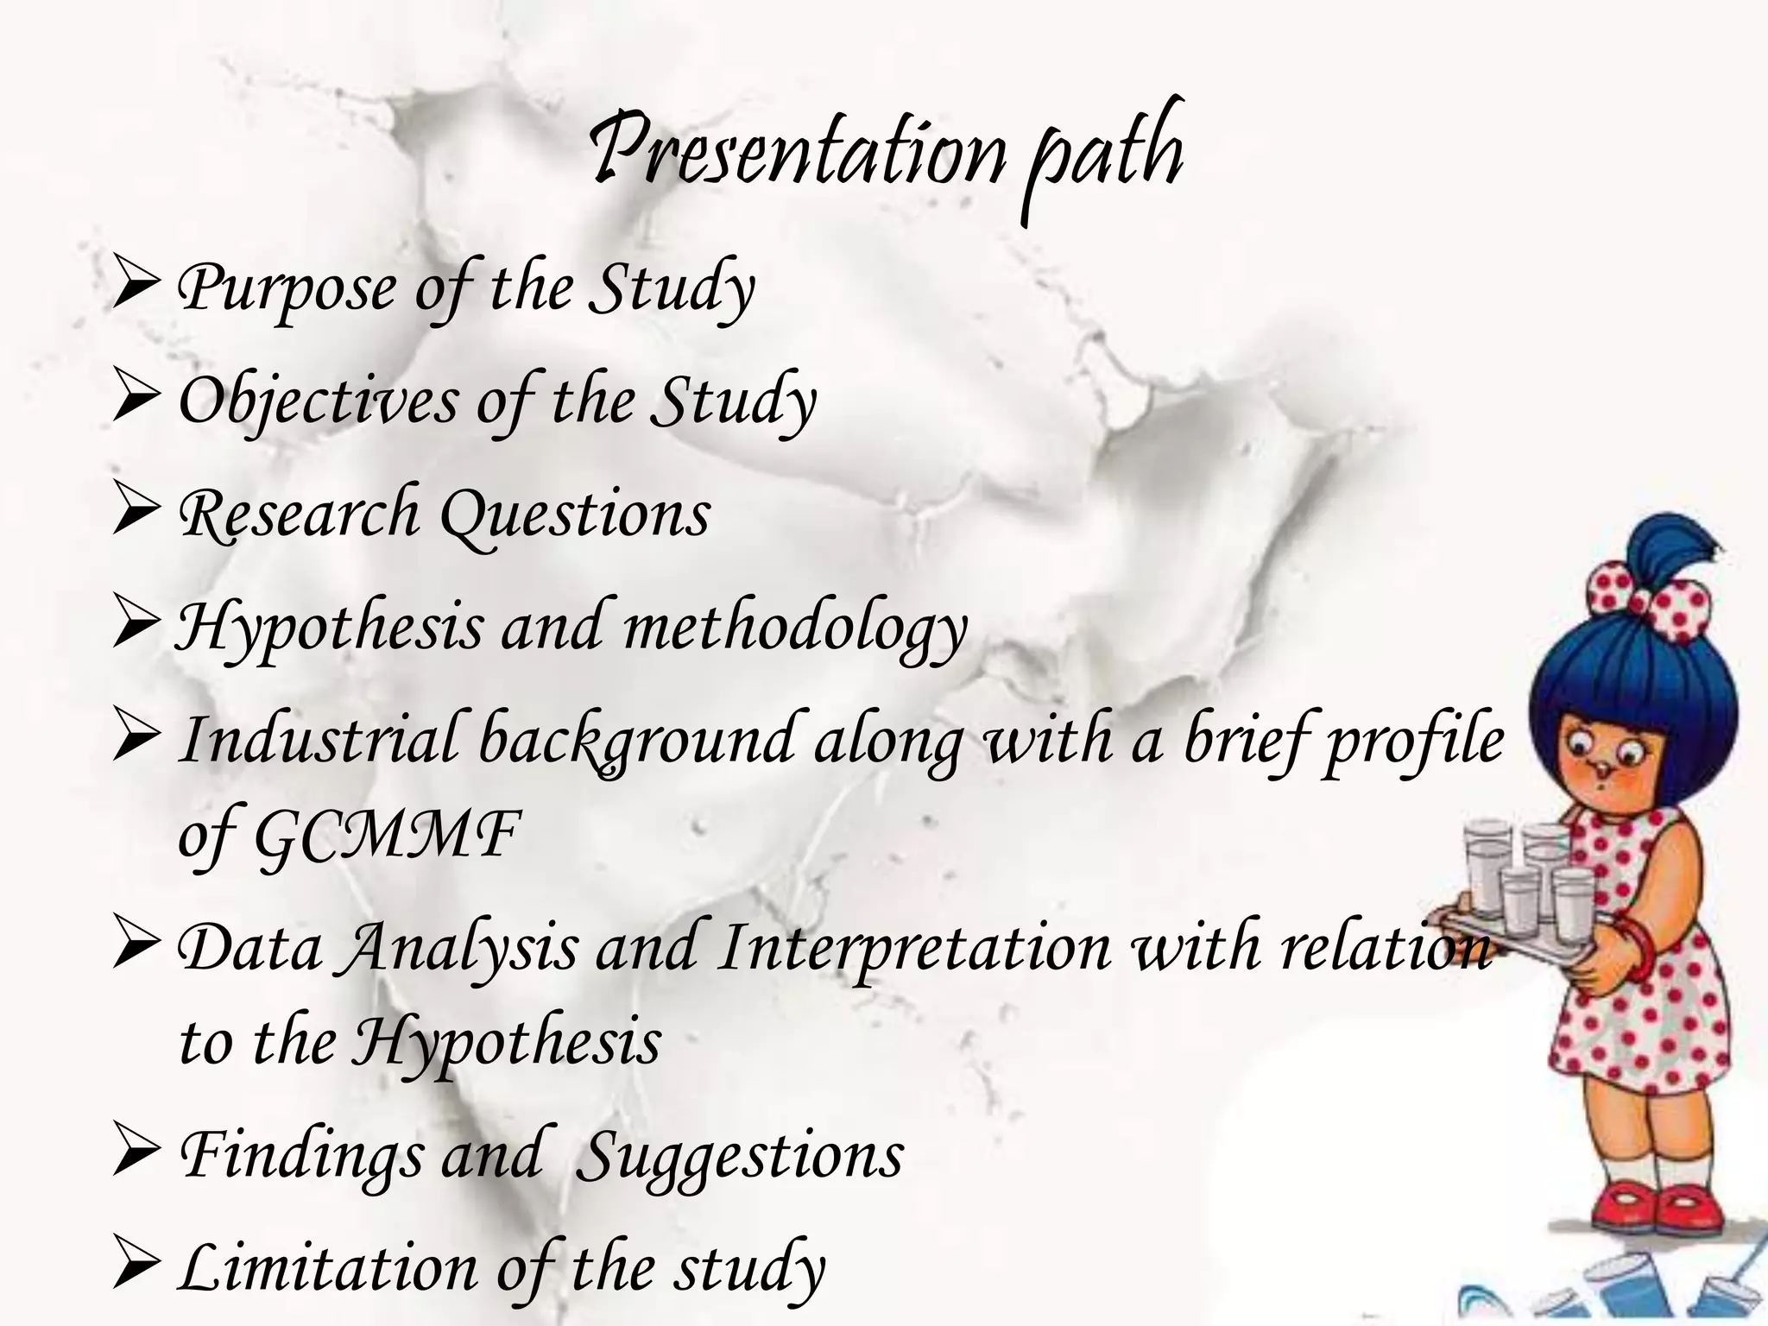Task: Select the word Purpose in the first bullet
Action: tap(285, 289)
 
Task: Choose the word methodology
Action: tap(794, 628)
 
